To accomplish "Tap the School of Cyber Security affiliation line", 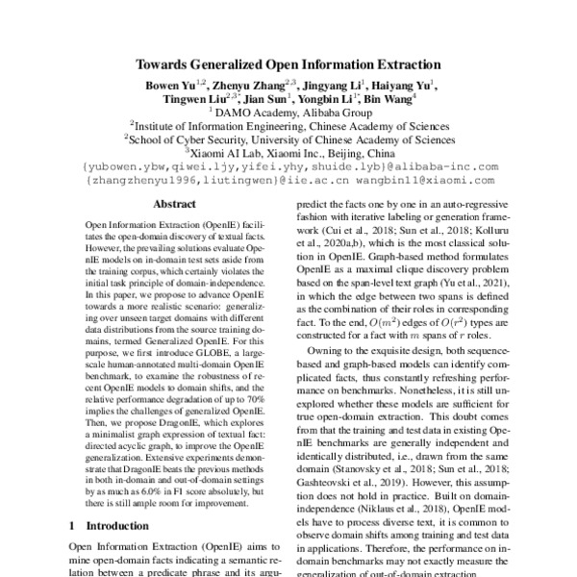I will pyautogui.click(x=288, y=138).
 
